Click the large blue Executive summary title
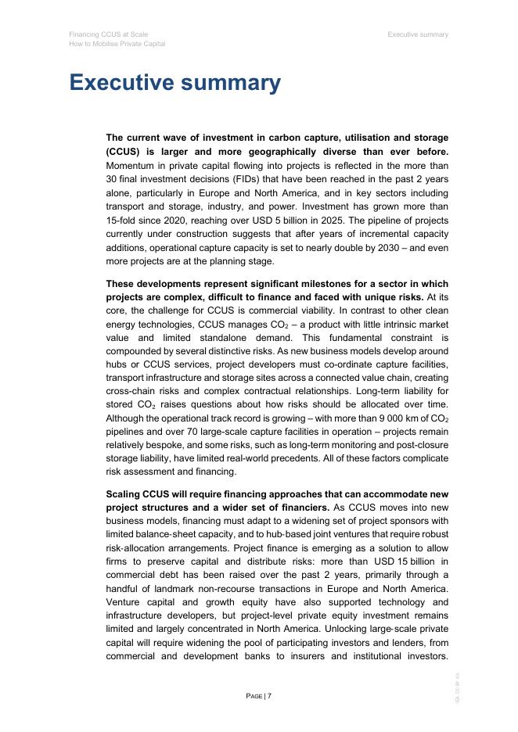(x=174, y=83)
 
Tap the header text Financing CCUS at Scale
(x=108, y=34)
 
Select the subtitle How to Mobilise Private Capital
(x=117, y=44)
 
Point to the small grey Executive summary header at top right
(x=418, y=34)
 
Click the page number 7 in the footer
(x=269, y=695)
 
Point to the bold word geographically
(x=304, y=152)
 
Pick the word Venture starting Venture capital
(x=127, y=602)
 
